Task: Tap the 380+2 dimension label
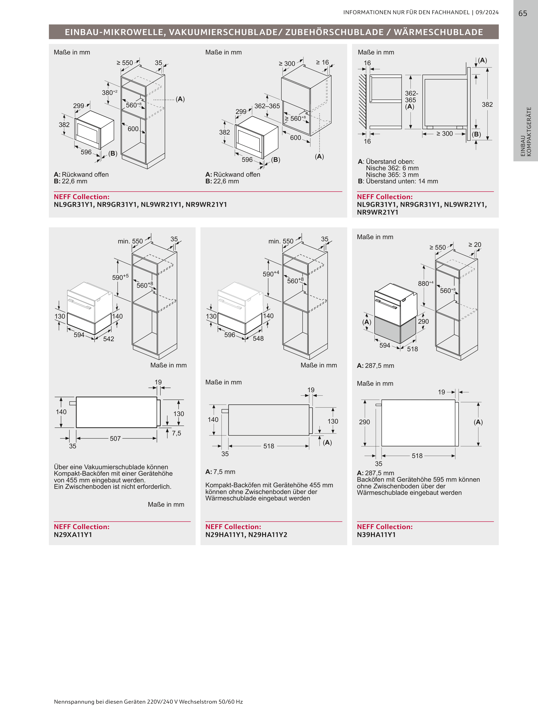[109, 93]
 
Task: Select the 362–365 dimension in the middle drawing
[267, 106]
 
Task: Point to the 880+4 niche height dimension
[426, 283]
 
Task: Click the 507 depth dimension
[115, 438]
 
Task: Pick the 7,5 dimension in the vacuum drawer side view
[177, 433]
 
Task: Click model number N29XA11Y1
[73, 535]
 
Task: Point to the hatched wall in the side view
[363, 101]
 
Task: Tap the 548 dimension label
[258, 339]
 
